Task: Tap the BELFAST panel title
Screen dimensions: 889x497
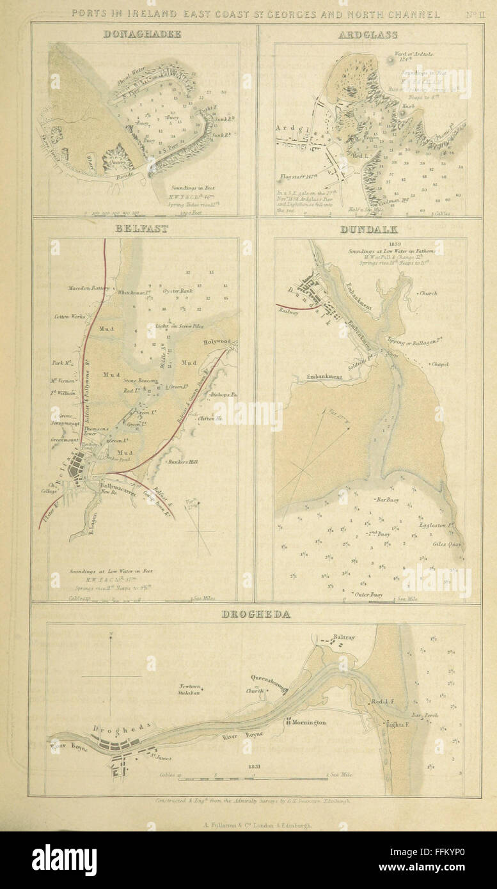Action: [144, 228]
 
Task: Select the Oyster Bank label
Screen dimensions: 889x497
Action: [178, 292]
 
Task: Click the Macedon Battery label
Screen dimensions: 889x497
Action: [89, 288]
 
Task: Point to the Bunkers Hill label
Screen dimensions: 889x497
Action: [182, 462]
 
